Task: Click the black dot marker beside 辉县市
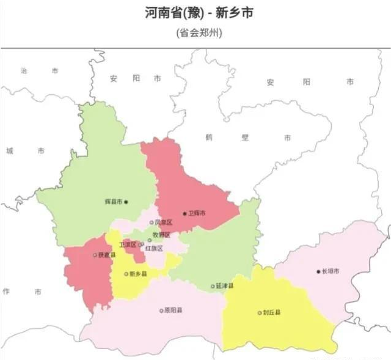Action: coord(126,202)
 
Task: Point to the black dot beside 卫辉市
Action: coord(185,213)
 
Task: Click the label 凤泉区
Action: coord(164,222)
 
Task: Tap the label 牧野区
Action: coord(161,235)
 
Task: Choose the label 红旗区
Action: coord(154,249)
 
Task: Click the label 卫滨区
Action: coord(127,244)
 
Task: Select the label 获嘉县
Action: coord(107,255)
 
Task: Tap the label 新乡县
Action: coord(138,274)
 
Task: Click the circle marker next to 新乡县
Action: coord(126,274)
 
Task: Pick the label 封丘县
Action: coord(272,313)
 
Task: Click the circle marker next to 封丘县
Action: coord(260,313)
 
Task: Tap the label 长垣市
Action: coord(331,271)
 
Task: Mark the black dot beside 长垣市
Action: coord(318,271)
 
